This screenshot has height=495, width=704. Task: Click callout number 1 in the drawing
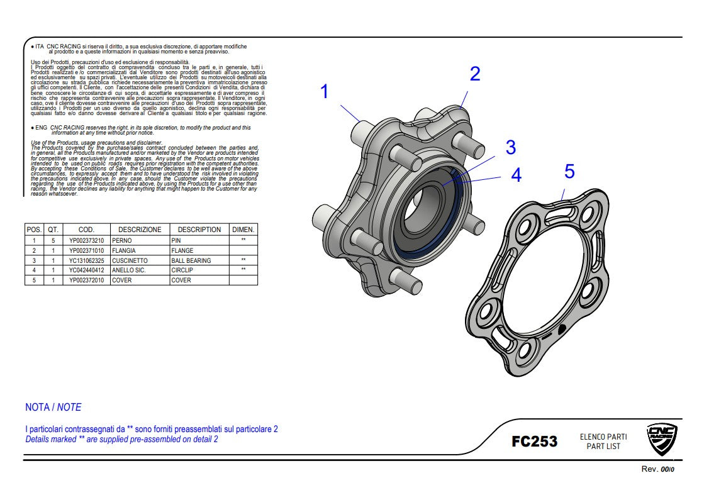pos(325,92)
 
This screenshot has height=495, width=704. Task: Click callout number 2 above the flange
pos(475,74)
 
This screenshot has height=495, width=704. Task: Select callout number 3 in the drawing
pos(511,147)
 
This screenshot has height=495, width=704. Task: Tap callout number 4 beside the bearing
pos(517,175)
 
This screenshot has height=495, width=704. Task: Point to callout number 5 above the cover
pos(569,171)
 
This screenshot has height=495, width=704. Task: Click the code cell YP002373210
pos(87,240)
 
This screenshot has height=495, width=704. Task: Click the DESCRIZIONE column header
pos(140,230)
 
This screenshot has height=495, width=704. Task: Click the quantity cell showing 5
pos(53,240)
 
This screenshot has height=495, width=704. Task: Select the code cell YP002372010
pos(87,281)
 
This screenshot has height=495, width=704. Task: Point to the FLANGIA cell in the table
pos(124,250)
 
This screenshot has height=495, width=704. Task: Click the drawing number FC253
pos(534,442)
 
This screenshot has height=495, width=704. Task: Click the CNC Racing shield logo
pos(662,440)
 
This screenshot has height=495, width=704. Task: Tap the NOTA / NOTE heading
pos(53,407)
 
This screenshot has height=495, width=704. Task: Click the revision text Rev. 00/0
pos(657,469)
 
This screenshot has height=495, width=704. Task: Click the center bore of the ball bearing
pos(427,211)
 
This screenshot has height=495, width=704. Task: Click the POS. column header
pos(34,230)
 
